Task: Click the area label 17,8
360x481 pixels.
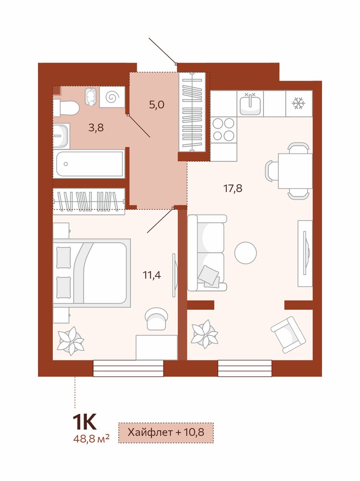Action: tap(233, 188)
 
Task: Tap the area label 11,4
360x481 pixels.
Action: tap(152, 275)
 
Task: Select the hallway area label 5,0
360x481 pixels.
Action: tap(157, 105)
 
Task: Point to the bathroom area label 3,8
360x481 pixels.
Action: tap(96, 127)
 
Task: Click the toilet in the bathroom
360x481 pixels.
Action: tap(66, 108)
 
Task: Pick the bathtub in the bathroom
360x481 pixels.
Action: tap(89, 164)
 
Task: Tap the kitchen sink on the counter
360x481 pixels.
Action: tap(250, 103)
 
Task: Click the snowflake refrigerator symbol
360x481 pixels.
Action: tap(298, 103)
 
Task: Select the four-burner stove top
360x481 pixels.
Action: tap(223, 129)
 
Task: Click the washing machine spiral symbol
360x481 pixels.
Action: tap(112, 97)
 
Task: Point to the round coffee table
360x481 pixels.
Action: tap(246, 253)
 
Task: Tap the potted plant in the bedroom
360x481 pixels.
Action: tap(71, 341)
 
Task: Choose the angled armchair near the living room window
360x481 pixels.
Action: tap(288, 335)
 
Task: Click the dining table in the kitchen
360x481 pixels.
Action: tap(295, 171)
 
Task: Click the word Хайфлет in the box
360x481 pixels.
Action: tap(150, 432)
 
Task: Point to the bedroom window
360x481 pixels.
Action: tap(128, 368)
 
